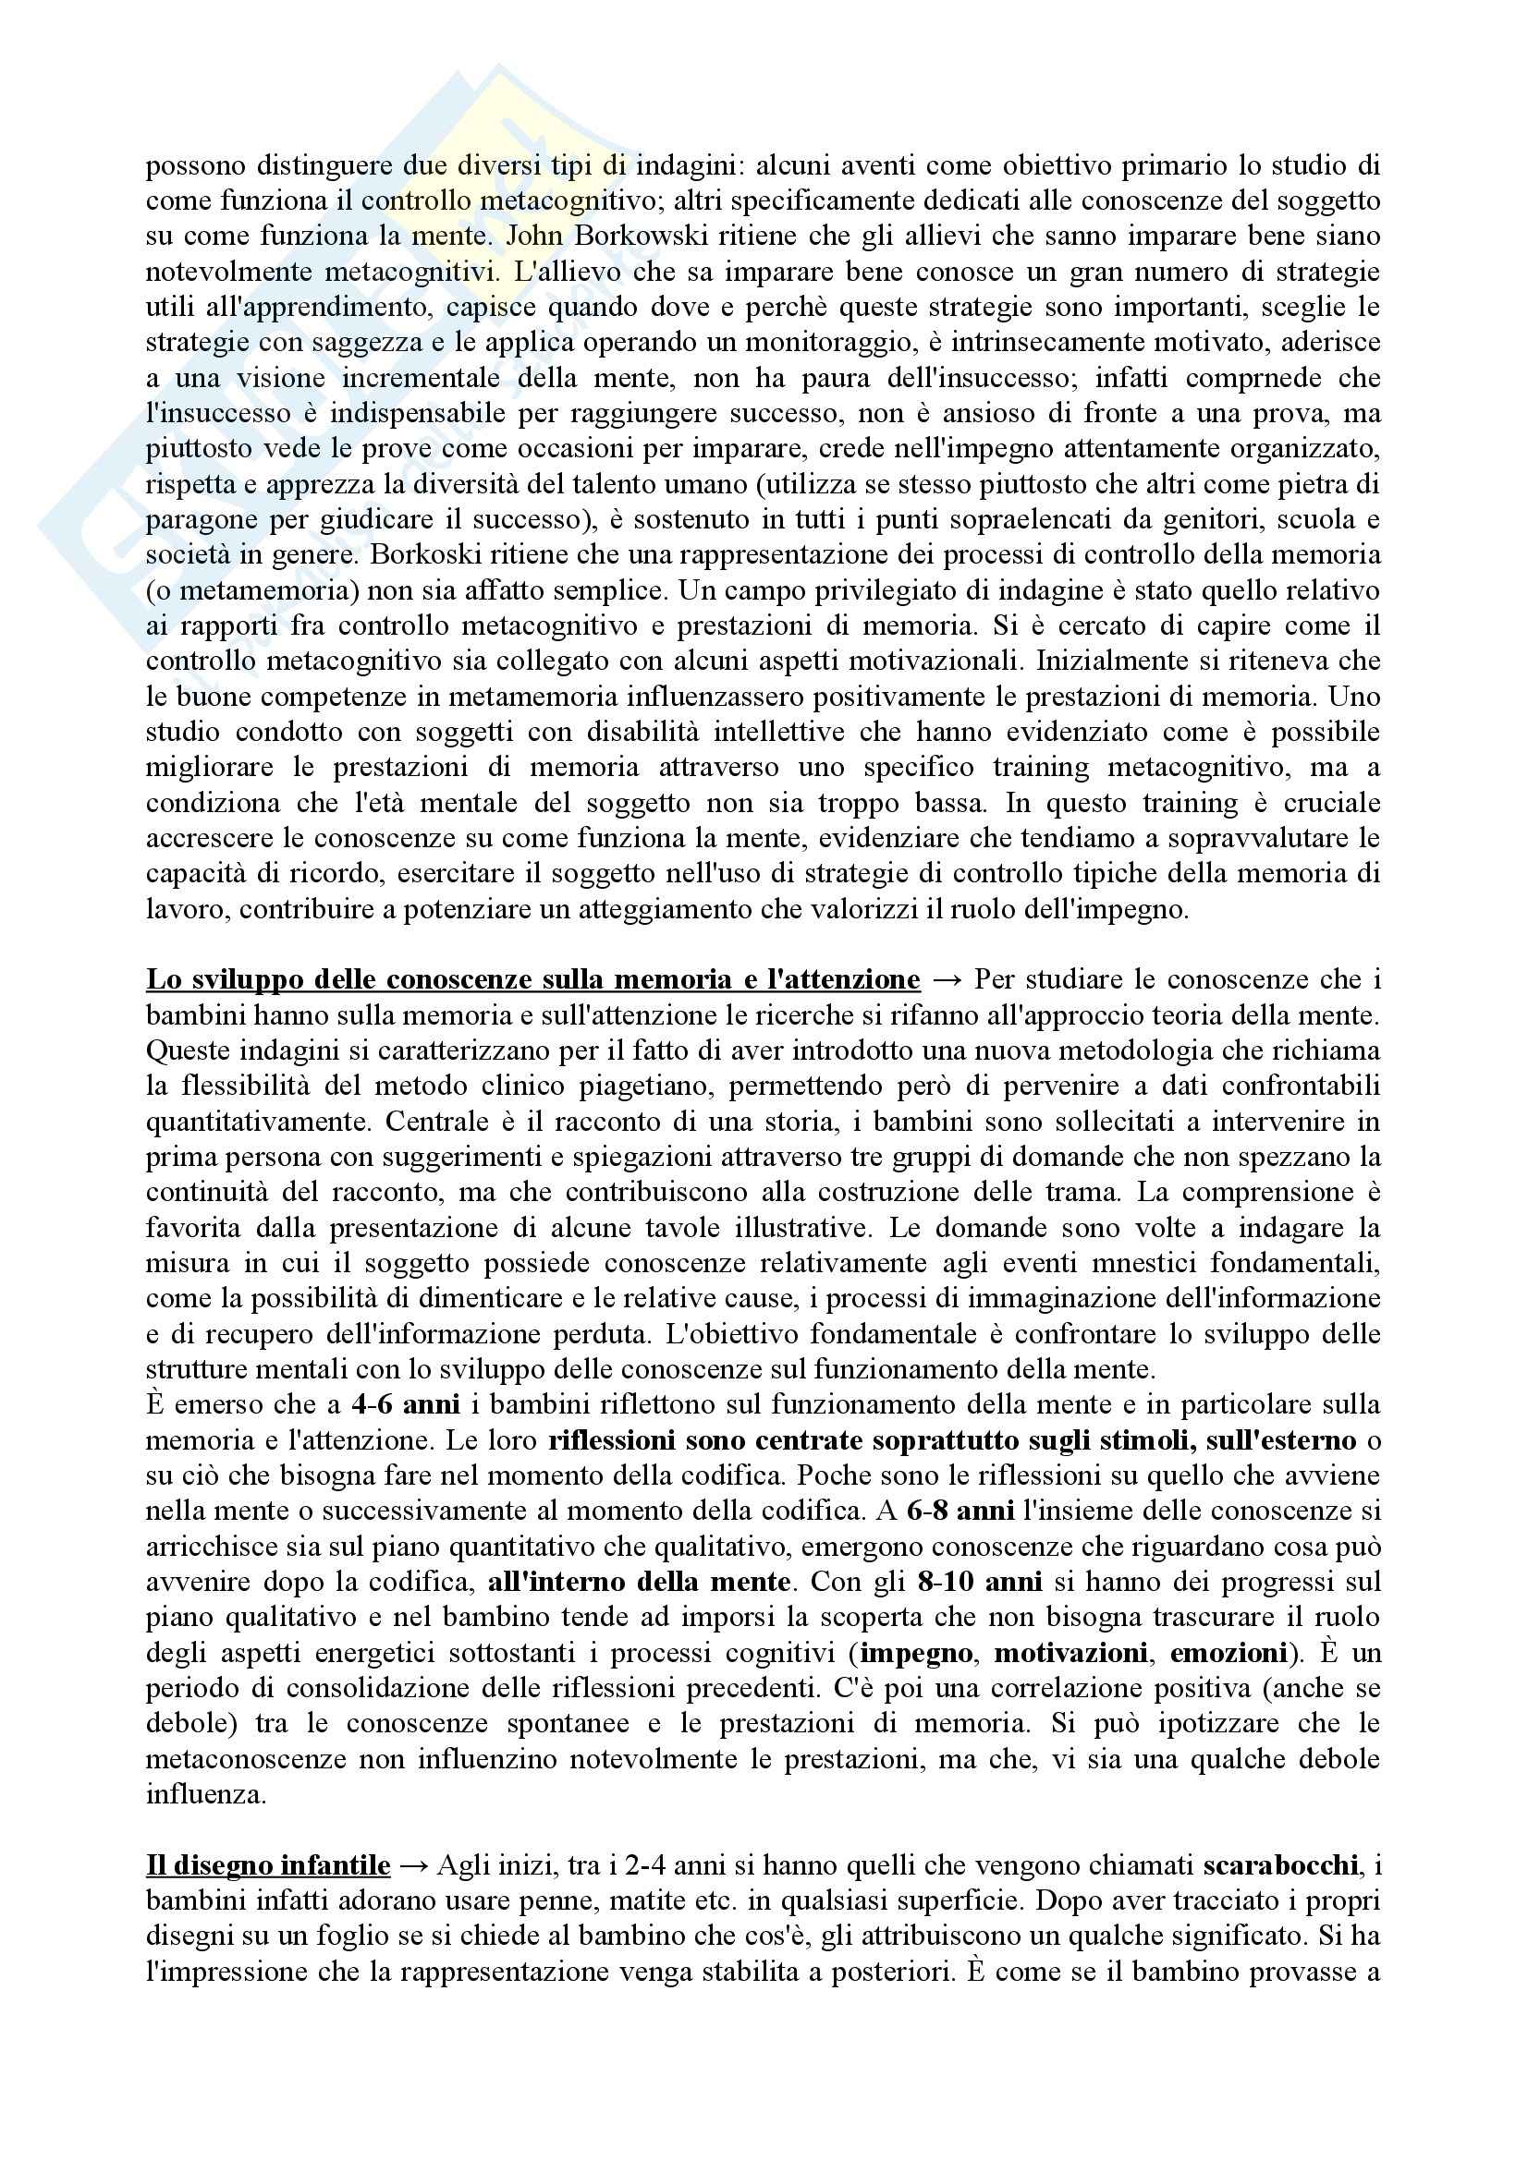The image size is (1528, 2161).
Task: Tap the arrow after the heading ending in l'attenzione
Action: [x=947, y=979]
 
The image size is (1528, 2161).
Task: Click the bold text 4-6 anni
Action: [x=406, y=1405]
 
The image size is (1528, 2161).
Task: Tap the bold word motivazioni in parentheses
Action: [x=1070, y=1653]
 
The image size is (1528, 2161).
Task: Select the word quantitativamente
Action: [x=259, y=1122]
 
